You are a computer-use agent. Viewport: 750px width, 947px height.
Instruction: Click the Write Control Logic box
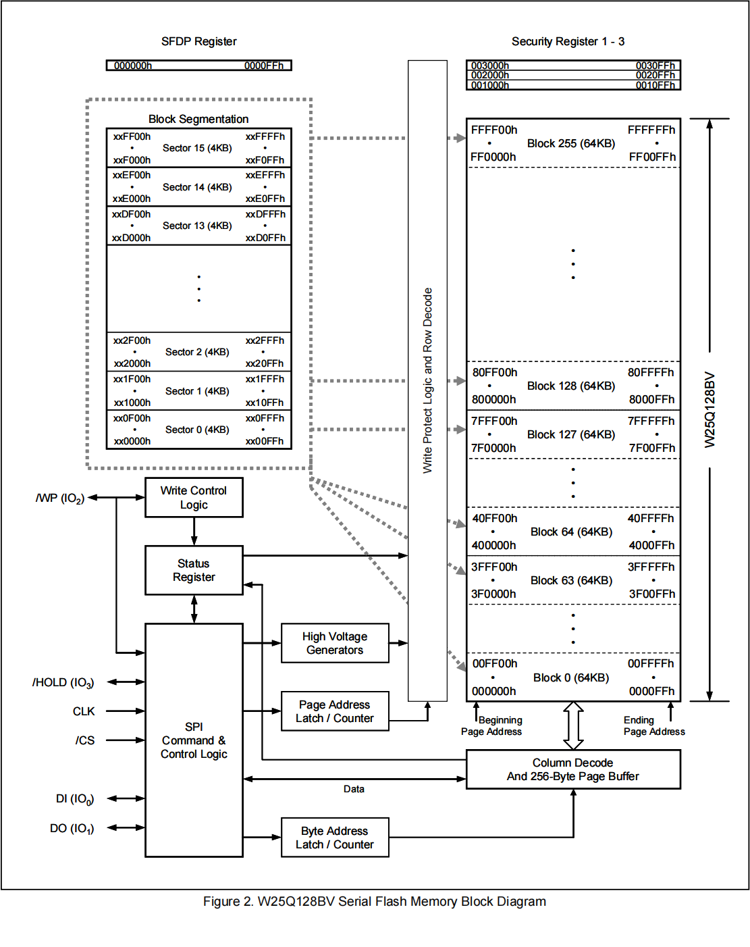pos(194,498)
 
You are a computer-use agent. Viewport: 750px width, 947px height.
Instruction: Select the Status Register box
pos(194,570)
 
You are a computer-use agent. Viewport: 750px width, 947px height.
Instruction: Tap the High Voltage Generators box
pos(335,643)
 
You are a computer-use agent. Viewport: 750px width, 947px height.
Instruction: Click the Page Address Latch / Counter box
pos(335,711)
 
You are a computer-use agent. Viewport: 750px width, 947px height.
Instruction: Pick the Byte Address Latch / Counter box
pos(335,838)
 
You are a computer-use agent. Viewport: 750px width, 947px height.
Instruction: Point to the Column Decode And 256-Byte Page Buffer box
pos(573,769)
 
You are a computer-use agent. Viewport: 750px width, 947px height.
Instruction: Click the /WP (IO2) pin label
pos(59,498)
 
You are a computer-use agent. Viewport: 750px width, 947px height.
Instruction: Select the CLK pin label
pos(84,711)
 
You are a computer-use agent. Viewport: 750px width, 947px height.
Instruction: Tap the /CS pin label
pos(85,740)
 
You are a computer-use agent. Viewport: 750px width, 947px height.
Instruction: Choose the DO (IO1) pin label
pos(72,828)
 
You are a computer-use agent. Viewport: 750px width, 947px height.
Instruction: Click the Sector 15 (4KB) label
pos(197,148)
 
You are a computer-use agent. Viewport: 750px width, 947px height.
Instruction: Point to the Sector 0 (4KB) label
pos(197,430)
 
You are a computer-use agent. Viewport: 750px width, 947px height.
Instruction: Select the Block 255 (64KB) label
pos(571,143)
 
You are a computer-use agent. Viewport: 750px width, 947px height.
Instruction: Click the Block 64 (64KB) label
pos(571,532)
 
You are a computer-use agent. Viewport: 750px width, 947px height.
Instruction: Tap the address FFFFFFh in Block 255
pos(651,130)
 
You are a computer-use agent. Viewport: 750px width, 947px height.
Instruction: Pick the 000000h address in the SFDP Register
pos(133,66)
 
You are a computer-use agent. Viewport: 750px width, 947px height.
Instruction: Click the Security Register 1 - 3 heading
pos(568,41)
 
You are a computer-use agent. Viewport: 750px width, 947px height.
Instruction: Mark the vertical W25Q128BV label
pos(709,410)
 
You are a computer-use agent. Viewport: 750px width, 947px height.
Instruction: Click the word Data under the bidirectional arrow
pos(354,789)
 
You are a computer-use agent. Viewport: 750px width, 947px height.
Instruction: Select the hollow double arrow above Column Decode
pos(573,725)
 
